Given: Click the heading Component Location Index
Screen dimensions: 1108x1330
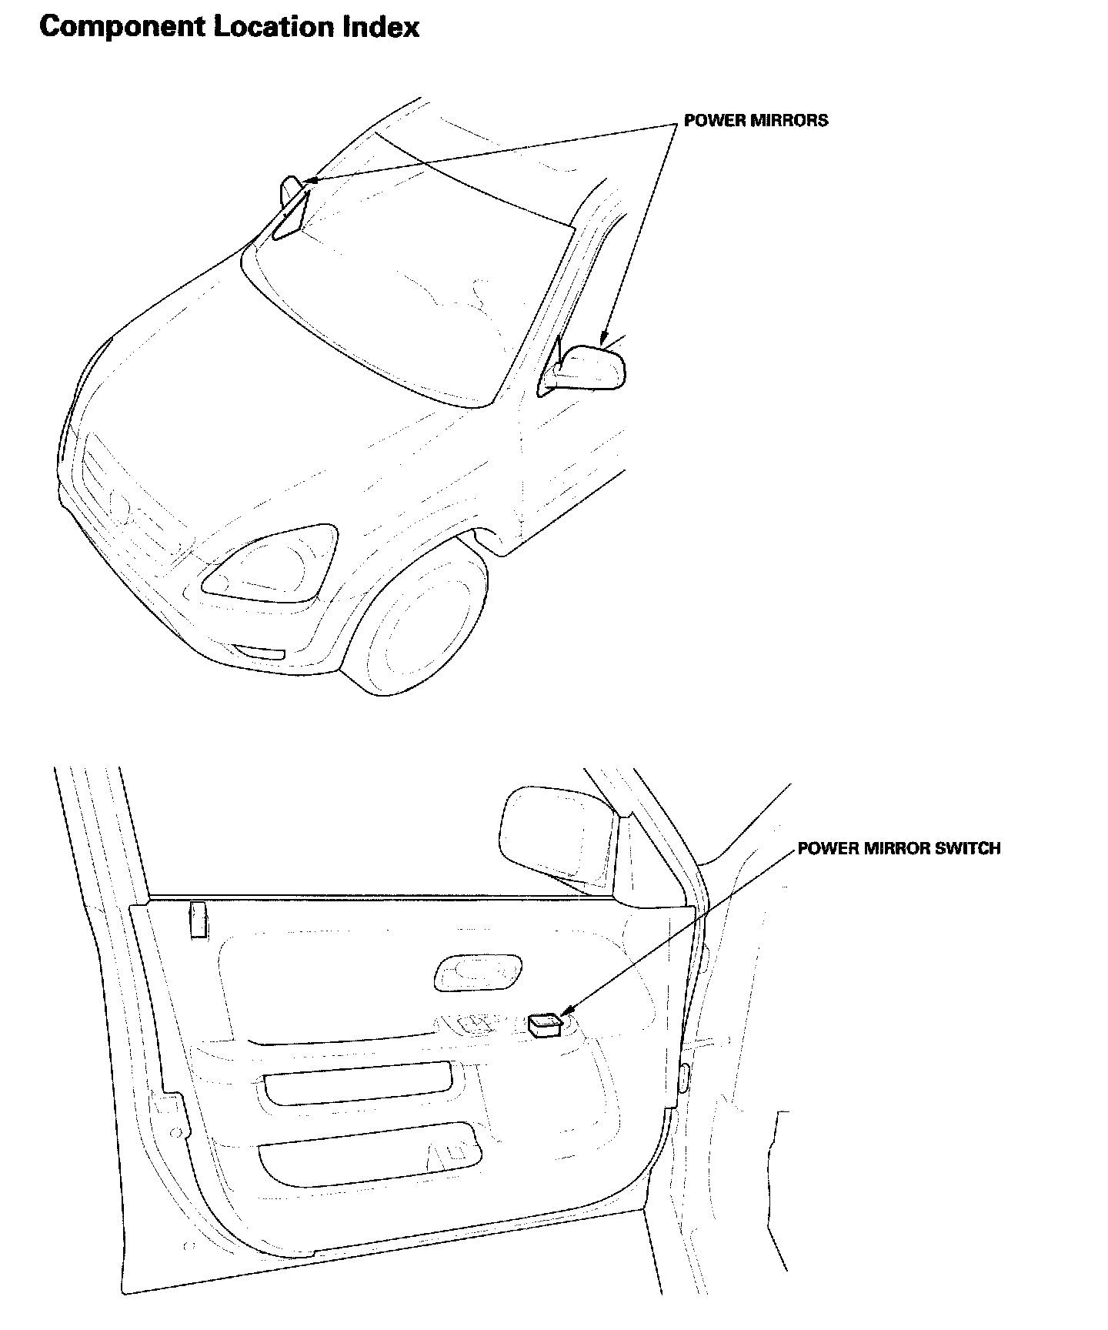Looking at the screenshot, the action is click(229, 27).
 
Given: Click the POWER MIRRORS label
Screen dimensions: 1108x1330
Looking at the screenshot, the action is click(756, 120).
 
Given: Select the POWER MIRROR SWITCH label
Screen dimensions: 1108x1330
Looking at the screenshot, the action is click(899, 848).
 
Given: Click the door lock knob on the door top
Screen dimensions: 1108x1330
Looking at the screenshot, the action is click(199, 920).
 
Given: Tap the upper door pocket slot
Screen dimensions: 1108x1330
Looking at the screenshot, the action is click(357, 1084).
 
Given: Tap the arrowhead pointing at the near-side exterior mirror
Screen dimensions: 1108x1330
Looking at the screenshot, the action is click(605, 339).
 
